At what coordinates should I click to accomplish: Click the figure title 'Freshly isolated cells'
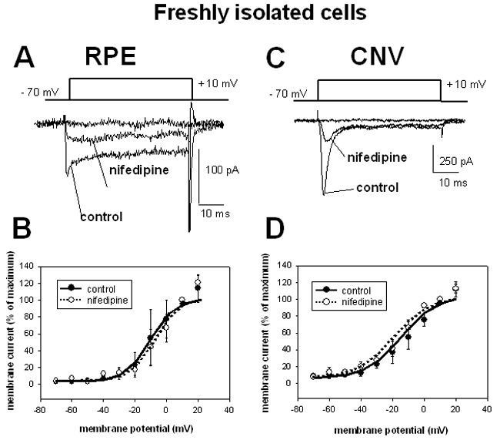(249, 13)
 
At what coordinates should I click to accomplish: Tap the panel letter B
(29, 246)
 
